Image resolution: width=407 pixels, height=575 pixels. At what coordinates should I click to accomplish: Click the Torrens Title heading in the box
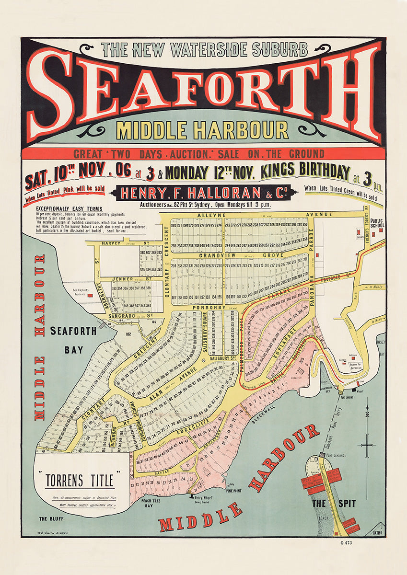click(79, 481)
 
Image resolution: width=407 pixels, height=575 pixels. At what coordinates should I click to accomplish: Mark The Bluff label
click(51, 518)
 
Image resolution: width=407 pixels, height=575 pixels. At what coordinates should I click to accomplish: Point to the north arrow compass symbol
click(367, 429)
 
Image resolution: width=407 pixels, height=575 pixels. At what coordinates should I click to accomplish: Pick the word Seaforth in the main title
click(204, 91)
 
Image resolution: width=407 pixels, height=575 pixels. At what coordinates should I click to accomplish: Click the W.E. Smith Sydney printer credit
click(51, 532)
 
